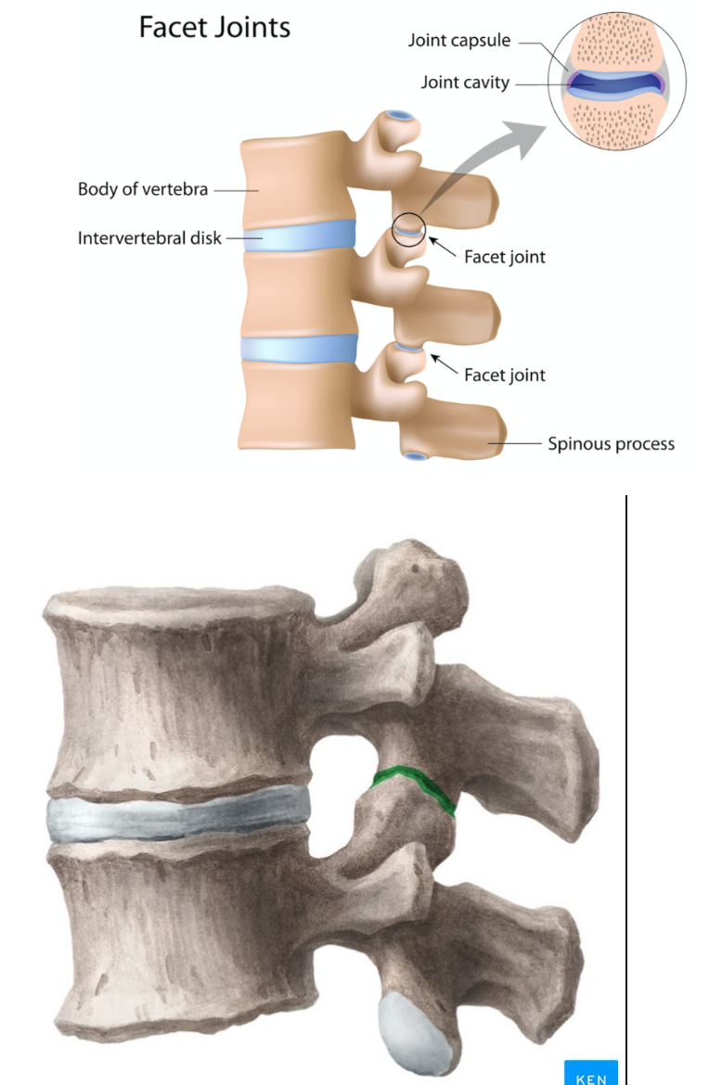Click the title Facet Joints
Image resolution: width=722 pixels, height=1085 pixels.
tap(214, 27)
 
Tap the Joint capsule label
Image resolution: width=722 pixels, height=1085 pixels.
tap(458, 41)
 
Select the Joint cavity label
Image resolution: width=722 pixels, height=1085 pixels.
tap(465, 83)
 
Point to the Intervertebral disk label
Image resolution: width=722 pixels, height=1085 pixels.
tap(149, 238)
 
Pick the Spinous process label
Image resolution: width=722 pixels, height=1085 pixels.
tap(611, 443)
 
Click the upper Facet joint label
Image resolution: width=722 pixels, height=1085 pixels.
tap(505, 257)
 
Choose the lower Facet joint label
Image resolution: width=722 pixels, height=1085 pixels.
tap(505, 375)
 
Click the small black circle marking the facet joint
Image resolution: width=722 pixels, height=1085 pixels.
tap(409, 228)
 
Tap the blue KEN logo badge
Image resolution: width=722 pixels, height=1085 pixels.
tap(591, 1071)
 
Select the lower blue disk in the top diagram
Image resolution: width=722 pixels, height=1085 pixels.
tap(299, 348)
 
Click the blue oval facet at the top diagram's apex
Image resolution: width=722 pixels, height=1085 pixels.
tap(400, 117)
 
